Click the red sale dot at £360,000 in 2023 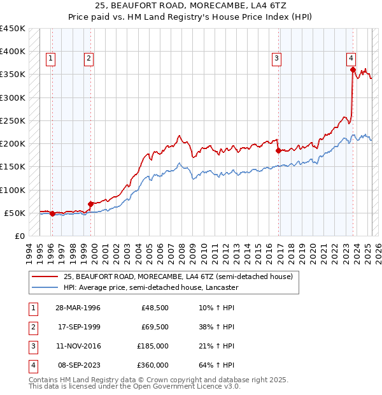tap(353, 70)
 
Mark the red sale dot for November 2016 tap(278, 151)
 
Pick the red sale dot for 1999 tap(90, 204)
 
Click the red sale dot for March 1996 tap(52, 213)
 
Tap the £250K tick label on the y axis tap(13, 120)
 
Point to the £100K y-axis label tap(13, 190)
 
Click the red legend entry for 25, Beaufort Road tap(178, 276)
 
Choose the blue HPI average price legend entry tap(150, 287)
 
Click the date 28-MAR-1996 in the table tap(78, 308)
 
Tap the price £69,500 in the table tap(155, 327)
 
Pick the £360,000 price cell tap(153, 366)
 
